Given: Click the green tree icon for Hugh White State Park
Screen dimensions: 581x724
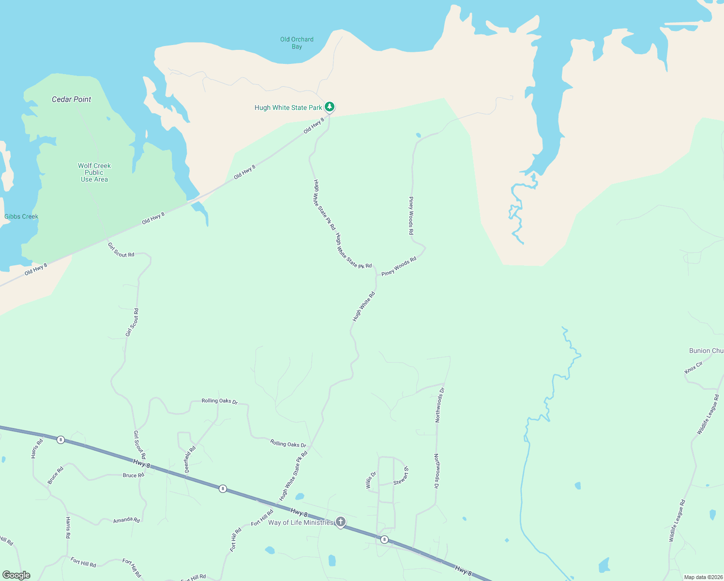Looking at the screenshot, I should [330, 107].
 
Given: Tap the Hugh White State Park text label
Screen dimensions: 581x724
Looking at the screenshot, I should [288, 108].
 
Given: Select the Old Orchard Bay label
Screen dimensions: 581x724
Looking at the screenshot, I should [297, 43].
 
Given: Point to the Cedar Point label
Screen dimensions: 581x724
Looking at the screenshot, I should [72, 99].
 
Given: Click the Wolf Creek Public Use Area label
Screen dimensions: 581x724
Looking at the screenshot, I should [94, 172].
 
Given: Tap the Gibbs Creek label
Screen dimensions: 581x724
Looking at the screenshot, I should [21, 216].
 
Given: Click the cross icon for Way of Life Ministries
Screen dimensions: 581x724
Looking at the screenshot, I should [341, 521].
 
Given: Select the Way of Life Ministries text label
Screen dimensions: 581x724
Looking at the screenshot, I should [301, 522].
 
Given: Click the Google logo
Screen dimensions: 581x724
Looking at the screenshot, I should [16, 575].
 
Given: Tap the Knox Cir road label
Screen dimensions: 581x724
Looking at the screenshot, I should [694, 367].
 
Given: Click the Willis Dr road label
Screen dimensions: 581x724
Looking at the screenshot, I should [370, 481].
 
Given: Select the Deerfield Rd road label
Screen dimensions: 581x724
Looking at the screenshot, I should [190, 459].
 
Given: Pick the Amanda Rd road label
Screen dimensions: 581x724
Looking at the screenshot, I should [126, 520].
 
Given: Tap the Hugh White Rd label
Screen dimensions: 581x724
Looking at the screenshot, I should [364, 306].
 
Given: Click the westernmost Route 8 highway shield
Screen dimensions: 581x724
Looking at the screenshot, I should [60, 440].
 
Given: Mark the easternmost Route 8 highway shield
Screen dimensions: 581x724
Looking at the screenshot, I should [384, 539].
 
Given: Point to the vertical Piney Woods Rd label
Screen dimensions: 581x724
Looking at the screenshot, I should [411, 216].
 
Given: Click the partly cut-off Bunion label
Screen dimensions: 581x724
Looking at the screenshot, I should [706, 351].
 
